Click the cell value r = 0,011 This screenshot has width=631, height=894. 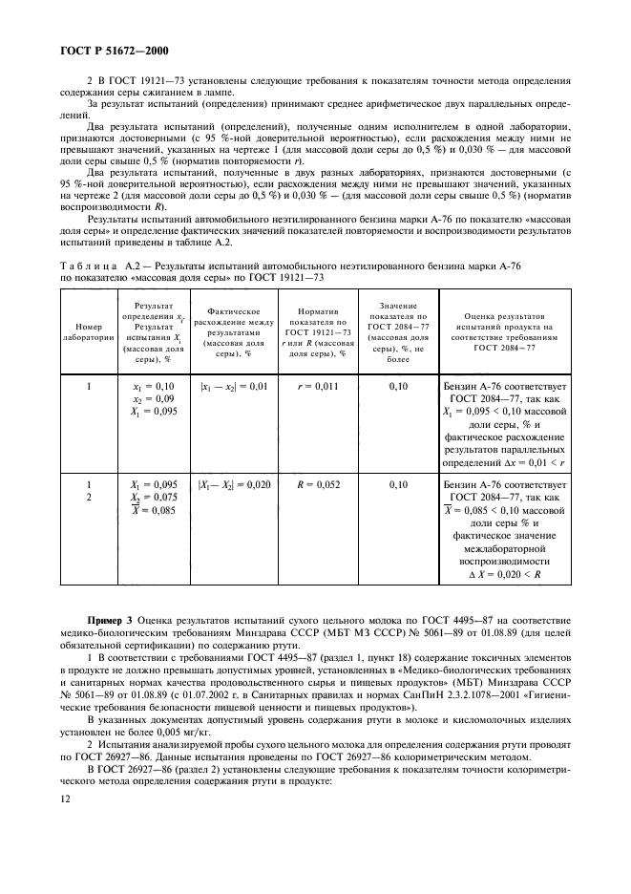(x=314, y=388)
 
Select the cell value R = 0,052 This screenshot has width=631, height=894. (x=314, y=484)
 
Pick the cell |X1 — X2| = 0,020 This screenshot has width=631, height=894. (x=233, y=484)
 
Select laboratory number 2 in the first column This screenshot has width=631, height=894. (x=88, y=497)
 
